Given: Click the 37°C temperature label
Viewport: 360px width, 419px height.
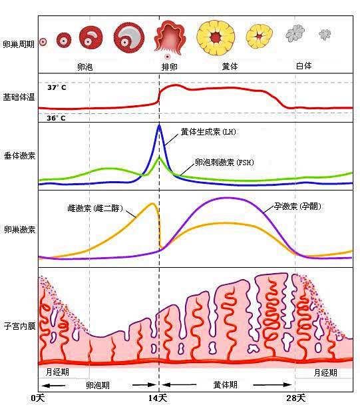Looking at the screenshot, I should click(x=57, y=87).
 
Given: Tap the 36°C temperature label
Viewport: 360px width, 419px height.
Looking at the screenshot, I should click(x=57, y=118).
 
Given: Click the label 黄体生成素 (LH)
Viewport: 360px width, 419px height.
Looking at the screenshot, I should click(x=208, y=131).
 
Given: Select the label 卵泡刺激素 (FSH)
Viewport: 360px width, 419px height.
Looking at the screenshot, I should click(x=224, y=162).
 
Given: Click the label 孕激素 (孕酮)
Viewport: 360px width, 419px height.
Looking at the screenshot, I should click(x=297, y=207).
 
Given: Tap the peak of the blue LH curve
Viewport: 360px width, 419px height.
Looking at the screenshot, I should click(x=159, y=125).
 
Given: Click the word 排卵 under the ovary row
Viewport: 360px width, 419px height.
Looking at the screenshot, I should click(x=169, y=67).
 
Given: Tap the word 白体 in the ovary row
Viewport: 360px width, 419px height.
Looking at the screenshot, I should click(x=303, y=67).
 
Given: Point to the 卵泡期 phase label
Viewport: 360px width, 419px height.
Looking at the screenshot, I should click(x=98, y=384).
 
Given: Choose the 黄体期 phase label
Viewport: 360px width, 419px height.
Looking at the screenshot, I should click(x=225, y=384).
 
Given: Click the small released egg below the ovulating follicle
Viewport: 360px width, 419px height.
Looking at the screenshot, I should click(x=168, y=57).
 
